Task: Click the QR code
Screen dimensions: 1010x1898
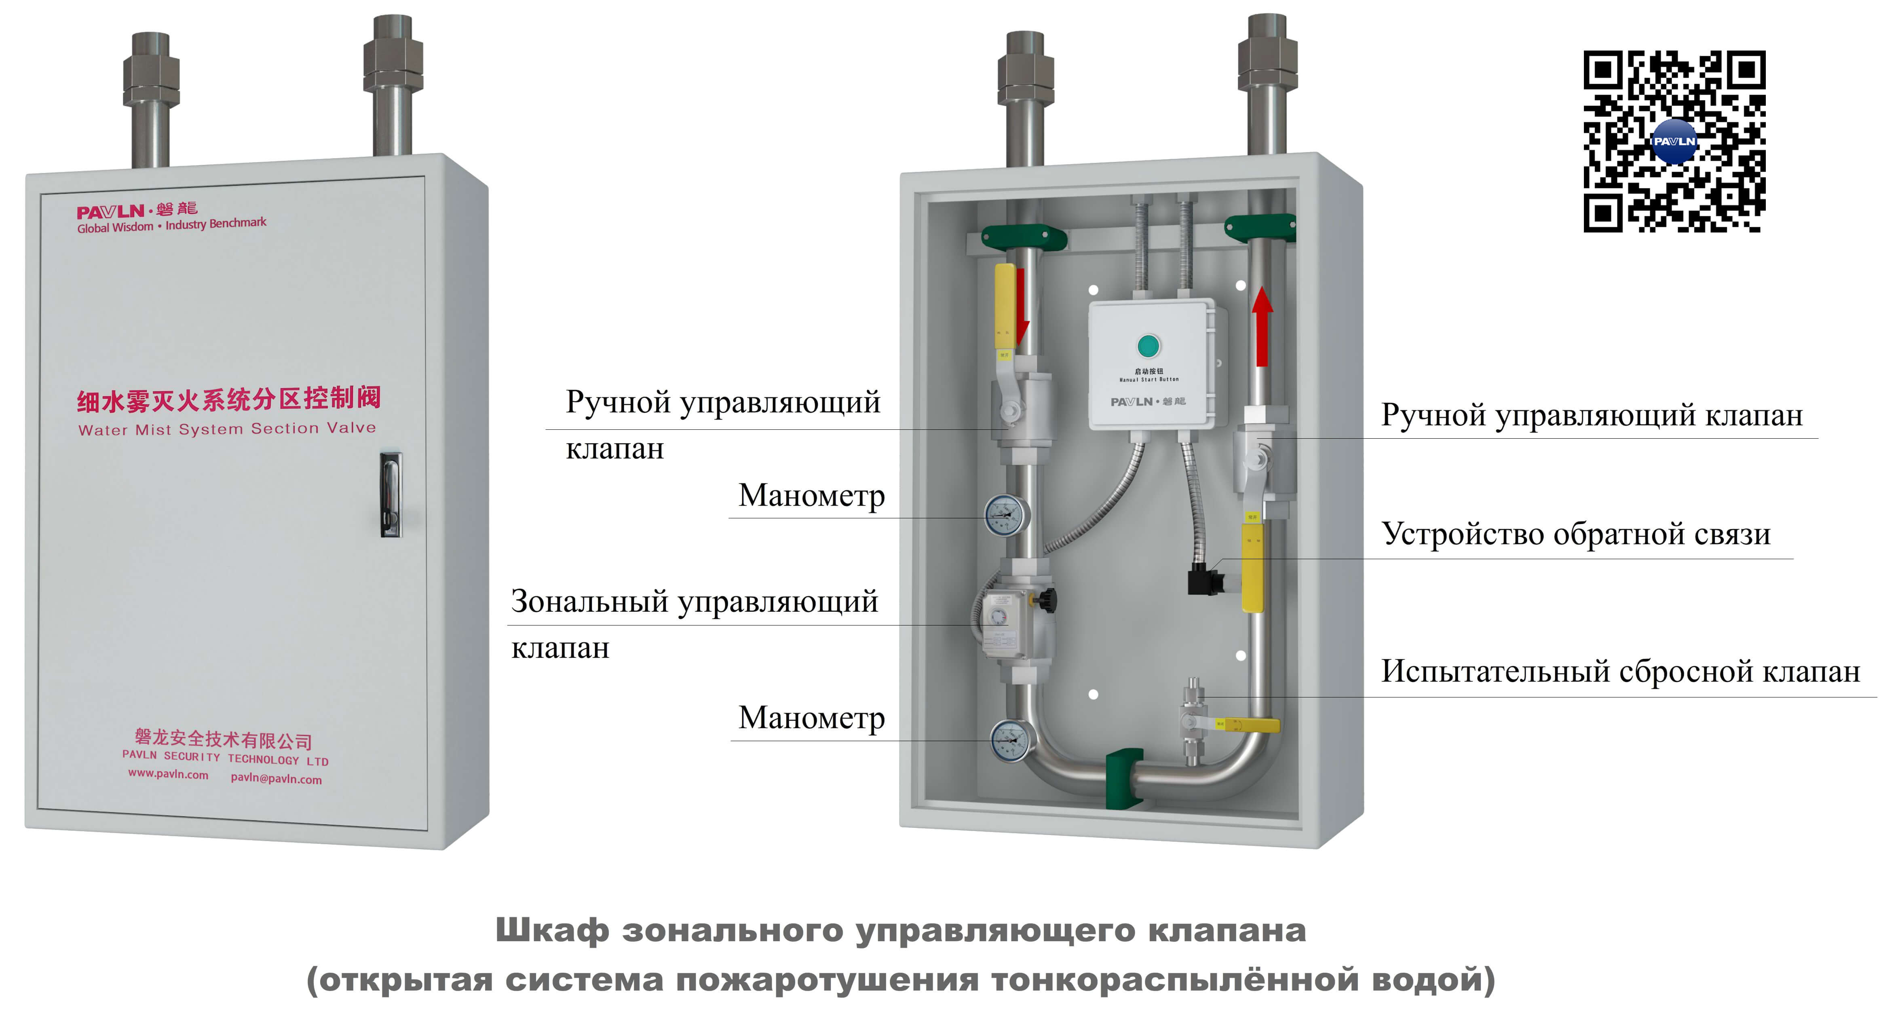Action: point(1674,142)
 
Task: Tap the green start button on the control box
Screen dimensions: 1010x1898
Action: point(1148,345)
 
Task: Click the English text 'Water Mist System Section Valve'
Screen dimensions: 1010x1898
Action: point(227,429)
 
